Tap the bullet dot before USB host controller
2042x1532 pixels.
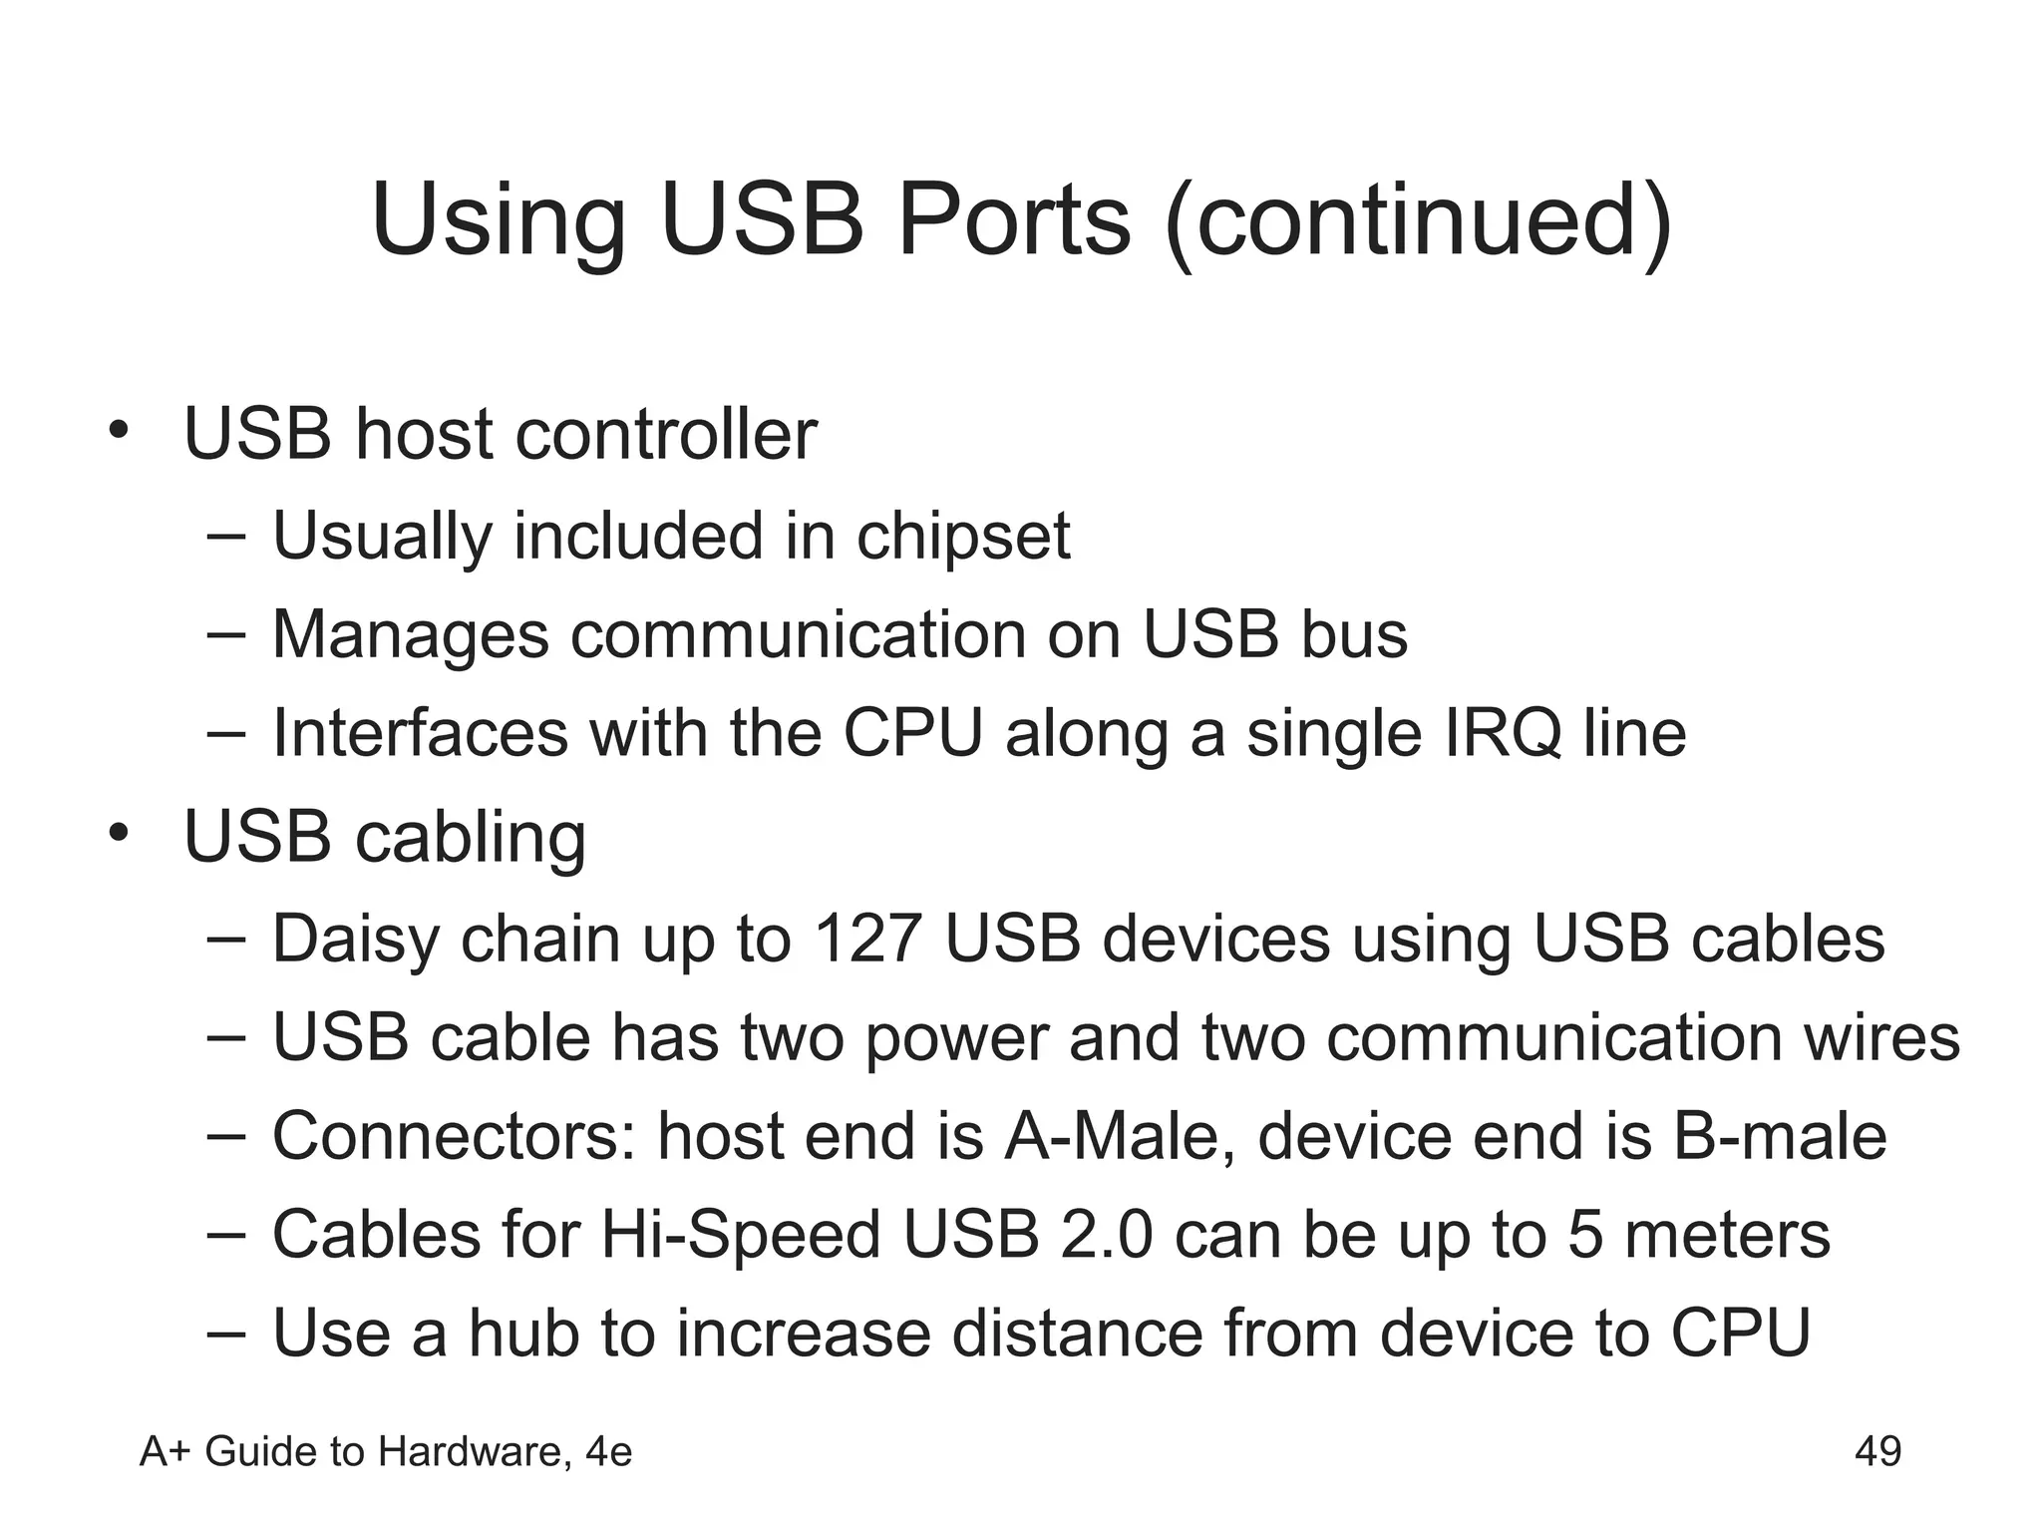click(x=120, y=430)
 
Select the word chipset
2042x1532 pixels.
click(x=963, y=536)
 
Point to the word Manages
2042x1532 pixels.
click(x=410, y=634)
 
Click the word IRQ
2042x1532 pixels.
click(x=1503, y=733)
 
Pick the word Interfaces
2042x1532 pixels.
click(x=419, y=733)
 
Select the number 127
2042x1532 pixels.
click(x=866, y=939)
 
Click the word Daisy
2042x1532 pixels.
click(x=355, y=939)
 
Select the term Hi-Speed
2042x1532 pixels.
click(x=741, y=1235)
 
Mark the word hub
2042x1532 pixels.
click(x=523, y=1333)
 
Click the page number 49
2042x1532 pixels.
click(x=1877, y=1451)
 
